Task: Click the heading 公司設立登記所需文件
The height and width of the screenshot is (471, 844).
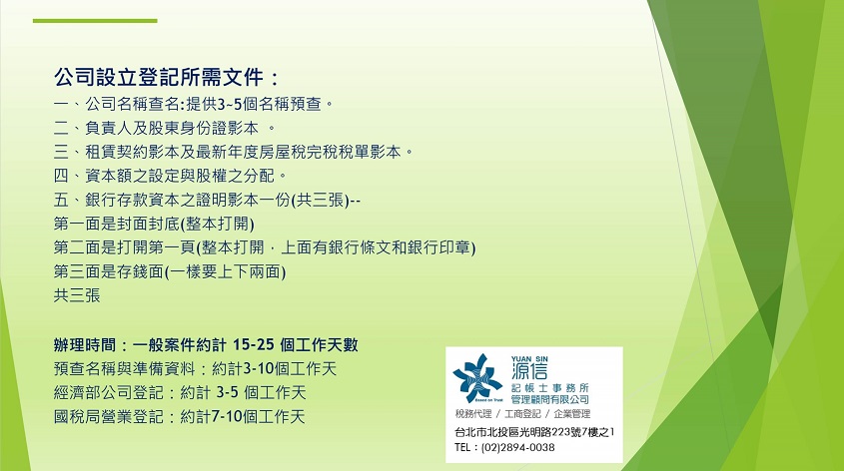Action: tap(159, 78)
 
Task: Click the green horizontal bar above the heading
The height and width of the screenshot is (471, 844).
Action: tap(95, 21)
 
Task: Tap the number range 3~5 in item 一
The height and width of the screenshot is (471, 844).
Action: tap(230, 104)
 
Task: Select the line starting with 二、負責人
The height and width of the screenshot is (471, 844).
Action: tap(165, 128)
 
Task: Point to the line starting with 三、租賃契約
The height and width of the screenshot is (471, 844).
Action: tap(233, 152)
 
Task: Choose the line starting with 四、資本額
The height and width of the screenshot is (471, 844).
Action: tap(170, 176)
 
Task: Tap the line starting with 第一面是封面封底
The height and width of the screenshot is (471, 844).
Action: tap(154, 224)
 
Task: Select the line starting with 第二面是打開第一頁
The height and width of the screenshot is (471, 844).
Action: tap(265, 247)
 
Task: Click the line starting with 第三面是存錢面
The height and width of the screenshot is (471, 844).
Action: tap(170, 271)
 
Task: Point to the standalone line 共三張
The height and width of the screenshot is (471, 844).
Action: tap(77, 295)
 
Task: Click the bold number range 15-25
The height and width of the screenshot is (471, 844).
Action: tap(253, 344)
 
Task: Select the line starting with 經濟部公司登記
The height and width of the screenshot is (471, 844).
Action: tap(180, 392)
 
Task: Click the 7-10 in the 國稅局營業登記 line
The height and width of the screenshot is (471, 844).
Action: tap(227, 417)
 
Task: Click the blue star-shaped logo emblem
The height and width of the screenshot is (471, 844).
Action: tap(477, 378)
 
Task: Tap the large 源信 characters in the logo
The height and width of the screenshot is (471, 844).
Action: tap(529, 371)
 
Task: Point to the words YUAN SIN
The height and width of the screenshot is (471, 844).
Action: tap(529, 358)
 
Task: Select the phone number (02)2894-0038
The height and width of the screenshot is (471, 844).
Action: tap(517, 447)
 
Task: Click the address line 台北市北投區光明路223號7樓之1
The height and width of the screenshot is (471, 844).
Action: tap(534, 432)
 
